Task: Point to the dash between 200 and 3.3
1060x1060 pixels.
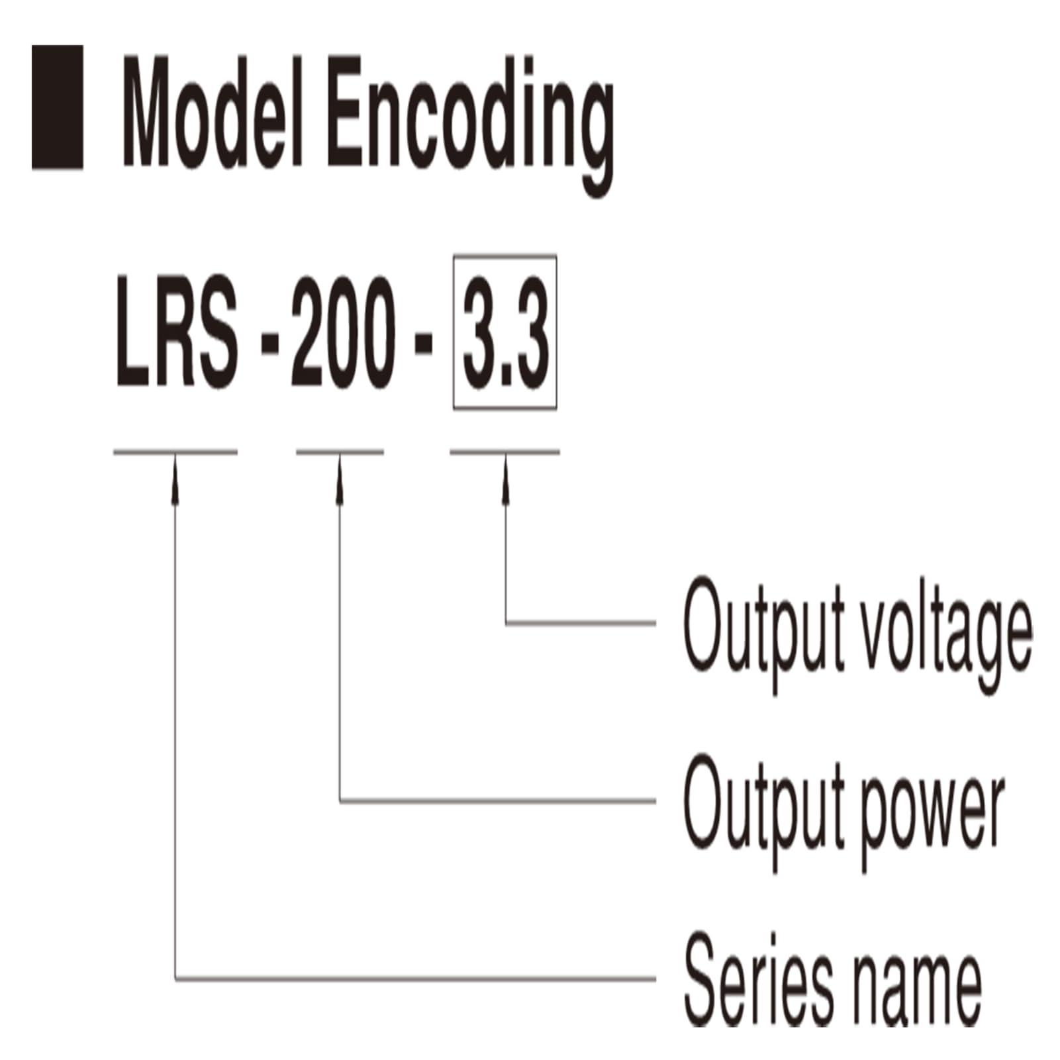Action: [x=424, y=348]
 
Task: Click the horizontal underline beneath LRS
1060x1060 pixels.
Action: [x=175, y=453]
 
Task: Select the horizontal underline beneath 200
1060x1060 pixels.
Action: [x=340, y=453]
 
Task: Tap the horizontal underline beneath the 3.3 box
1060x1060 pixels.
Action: [x=505, y=453]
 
